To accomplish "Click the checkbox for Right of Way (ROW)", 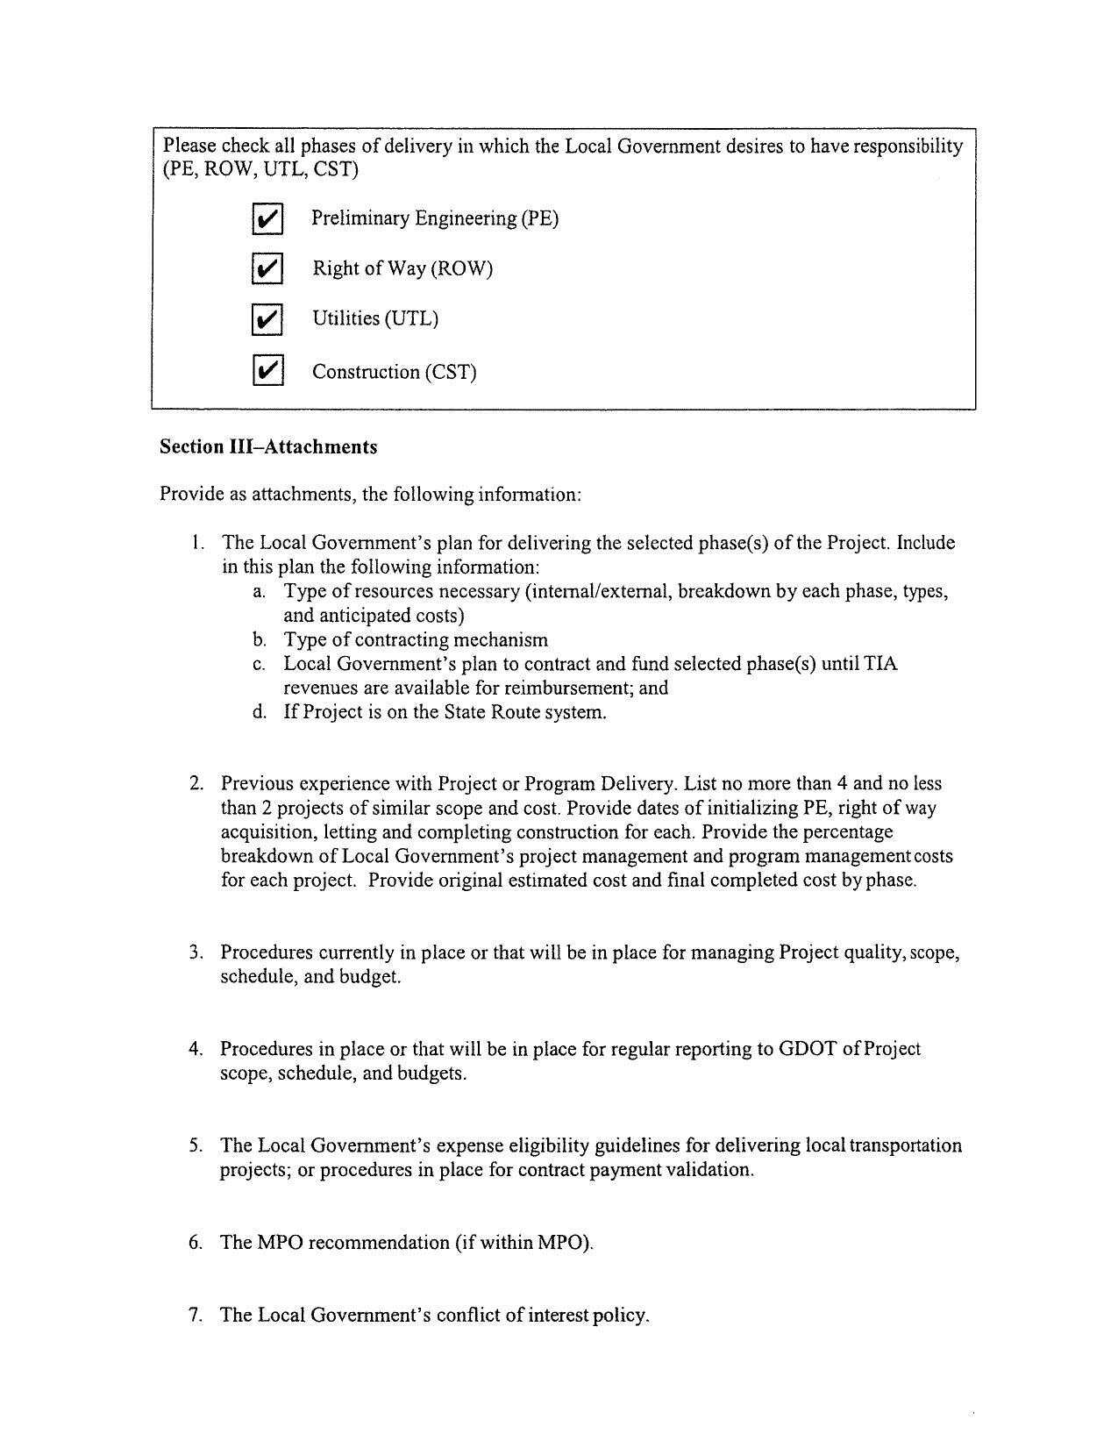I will pyautogui.click(x=267, y=268).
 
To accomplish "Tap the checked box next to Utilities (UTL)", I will pyautogui.click(x=267, y=319).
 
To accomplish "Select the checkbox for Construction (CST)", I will pyautogui.click(x=267, y=371).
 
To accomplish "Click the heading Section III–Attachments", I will pyautogui.click(x=268, y=447).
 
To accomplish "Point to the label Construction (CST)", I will pyautogui.click(x=394, y=372).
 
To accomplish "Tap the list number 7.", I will pyautogui.click(x=196, y=1315).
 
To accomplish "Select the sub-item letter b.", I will pyautogui.click(x=259, y=640).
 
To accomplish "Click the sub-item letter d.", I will pyautogui.click(x=259, y=712).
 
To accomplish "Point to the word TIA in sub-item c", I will pyautogui.click(x=880, y=664).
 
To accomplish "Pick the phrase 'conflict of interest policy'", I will pyautogui.click(x=543, y=1315).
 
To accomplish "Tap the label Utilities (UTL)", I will pyautogui.click(x=375, y=319).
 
